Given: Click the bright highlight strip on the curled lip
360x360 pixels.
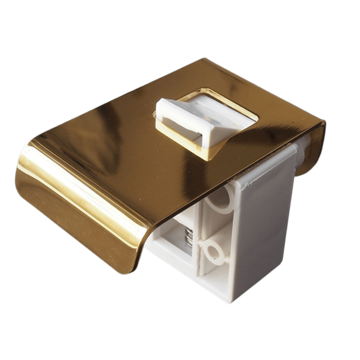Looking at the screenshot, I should tap(75, 192).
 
